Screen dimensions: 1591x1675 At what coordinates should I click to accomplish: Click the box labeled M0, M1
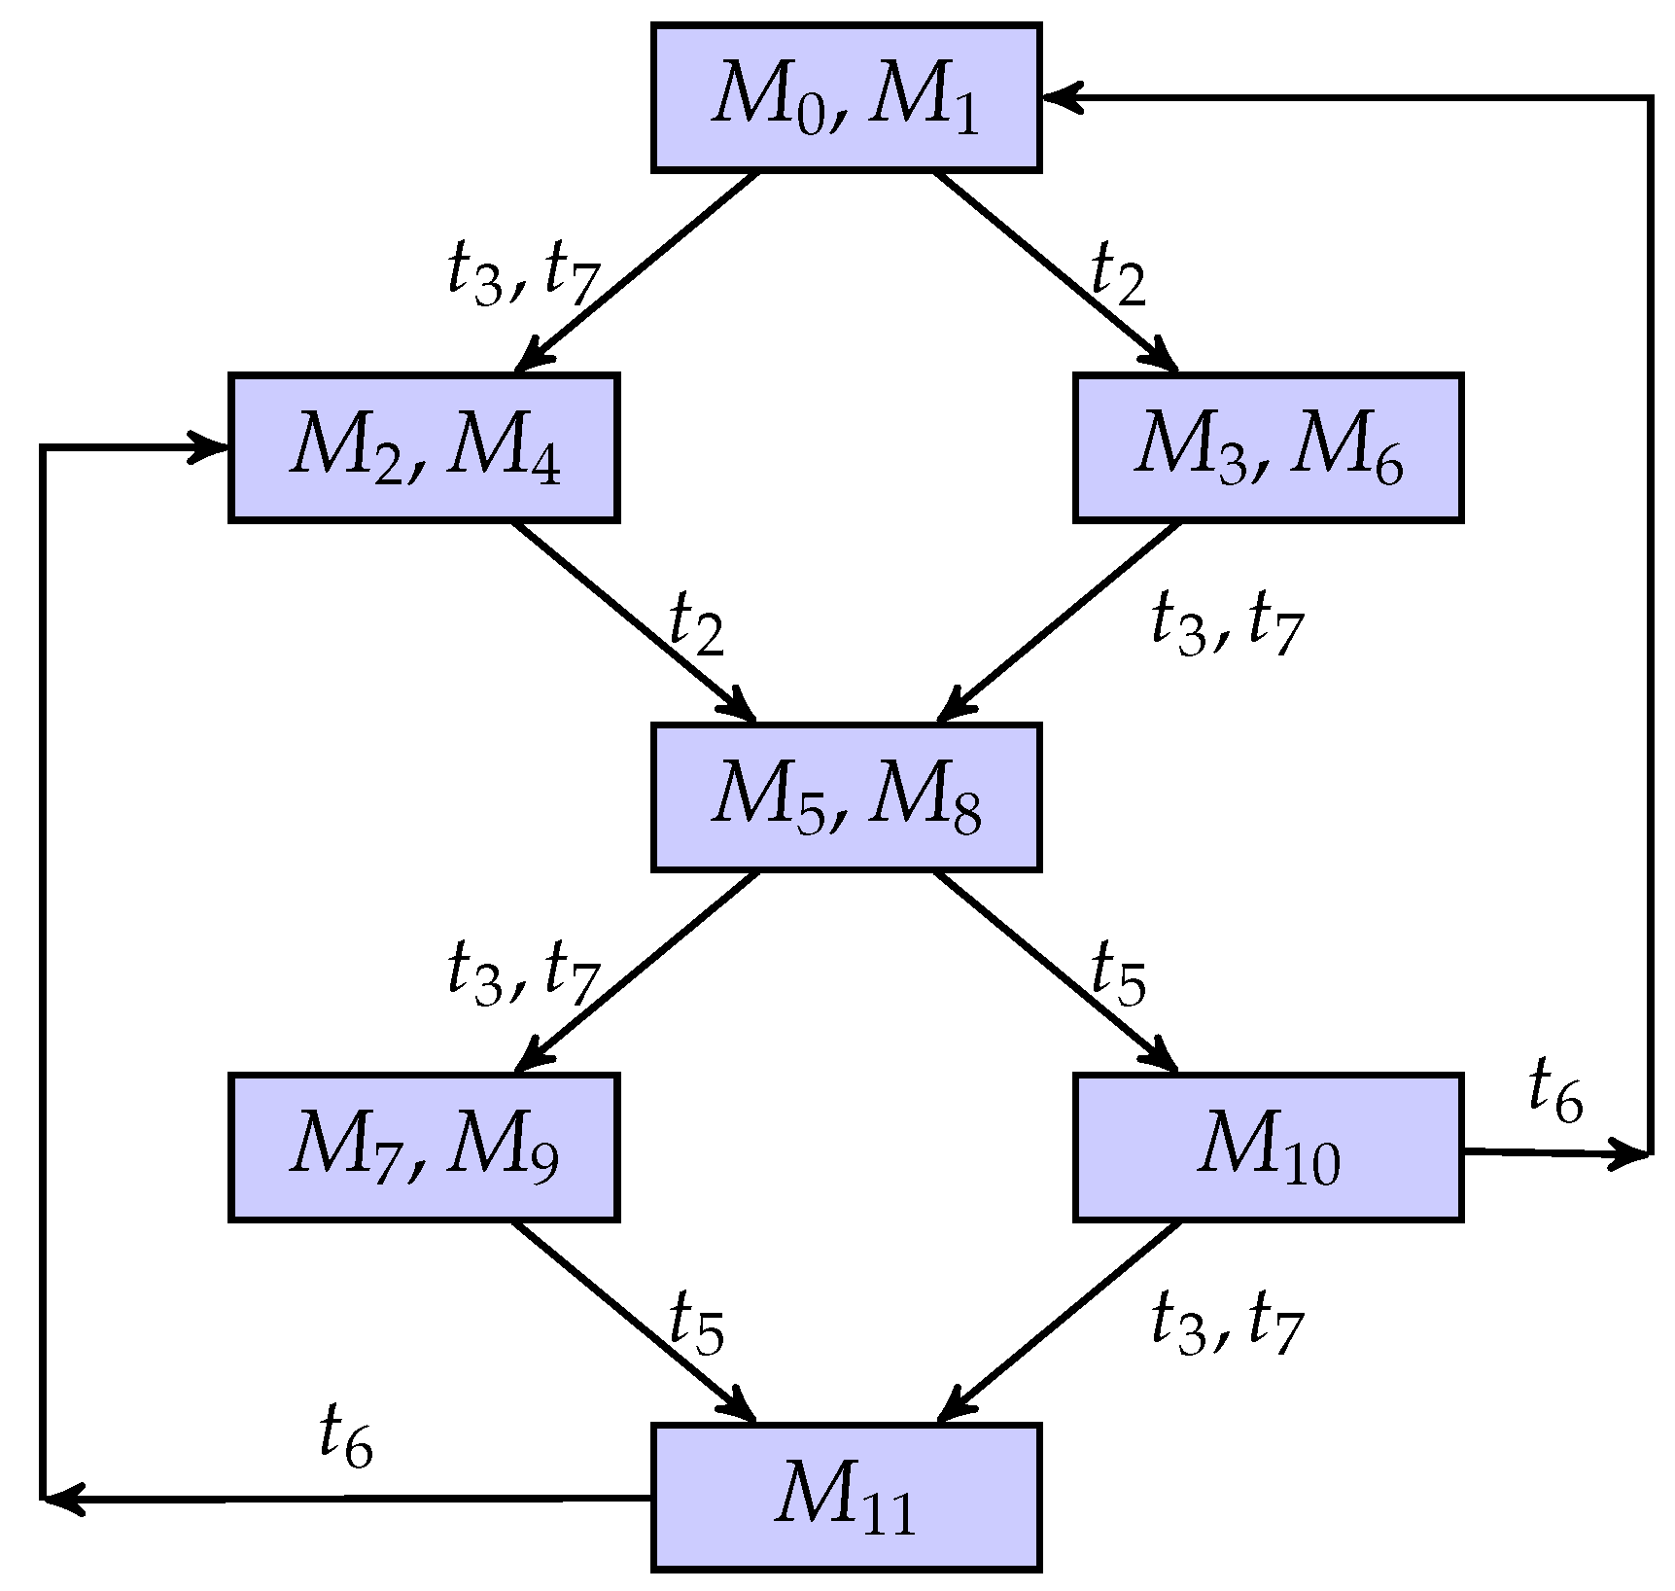(x=846, y=98)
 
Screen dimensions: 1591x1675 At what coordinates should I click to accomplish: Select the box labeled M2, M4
(x=424, y=448)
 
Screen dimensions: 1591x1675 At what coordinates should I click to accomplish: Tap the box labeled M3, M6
(x=1268, y=448)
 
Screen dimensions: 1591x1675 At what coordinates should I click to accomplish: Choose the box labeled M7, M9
(x=424, y=1148)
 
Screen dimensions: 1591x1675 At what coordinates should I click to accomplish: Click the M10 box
(x=1268, y=1148)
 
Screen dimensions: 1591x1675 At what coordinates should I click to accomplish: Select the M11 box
(x=846, y=1498)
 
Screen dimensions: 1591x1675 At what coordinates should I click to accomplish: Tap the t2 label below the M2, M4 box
(x=697, y=624)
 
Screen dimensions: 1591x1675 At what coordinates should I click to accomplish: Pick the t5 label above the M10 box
(x=1119, y=973)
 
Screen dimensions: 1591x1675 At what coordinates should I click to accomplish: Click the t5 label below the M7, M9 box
(x=697, y=1324)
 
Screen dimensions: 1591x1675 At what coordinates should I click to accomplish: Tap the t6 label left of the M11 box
(x=346, y=1438)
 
